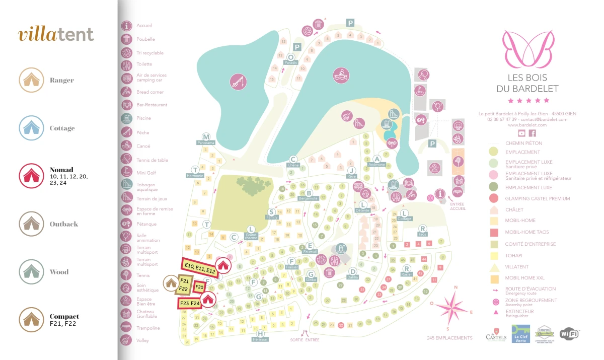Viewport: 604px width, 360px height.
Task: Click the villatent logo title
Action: point(56,34)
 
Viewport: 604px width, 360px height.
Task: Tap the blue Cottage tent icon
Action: point(31,128)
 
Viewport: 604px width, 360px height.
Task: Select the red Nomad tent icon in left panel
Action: point(31,176)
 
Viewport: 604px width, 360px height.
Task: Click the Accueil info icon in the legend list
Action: point(127,26)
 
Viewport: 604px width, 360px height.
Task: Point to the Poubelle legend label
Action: point(145,39)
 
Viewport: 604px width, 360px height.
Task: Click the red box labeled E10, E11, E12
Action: point(199,267)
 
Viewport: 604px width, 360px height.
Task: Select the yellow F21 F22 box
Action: point(184,284)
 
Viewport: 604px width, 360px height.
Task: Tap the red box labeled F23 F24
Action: point(189,304)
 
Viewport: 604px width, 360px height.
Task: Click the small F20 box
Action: point(199,287)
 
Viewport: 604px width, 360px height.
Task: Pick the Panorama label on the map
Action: point(206,143)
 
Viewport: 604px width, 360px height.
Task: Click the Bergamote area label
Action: point(308,198)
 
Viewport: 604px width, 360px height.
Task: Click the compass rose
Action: point(454,307)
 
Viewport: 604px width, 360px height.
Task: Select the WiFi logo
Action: point(569,333)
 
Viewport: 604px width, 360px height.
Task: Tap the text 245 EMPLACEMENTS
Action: point(449,338)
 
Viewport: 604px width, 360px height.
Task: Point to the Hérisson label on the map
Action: point(260,339)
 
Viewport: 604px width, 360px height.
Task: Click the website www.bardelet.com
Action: point(527,125)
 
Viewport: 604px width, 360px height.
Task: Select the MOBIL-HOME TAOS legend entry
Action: point(527,232)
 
